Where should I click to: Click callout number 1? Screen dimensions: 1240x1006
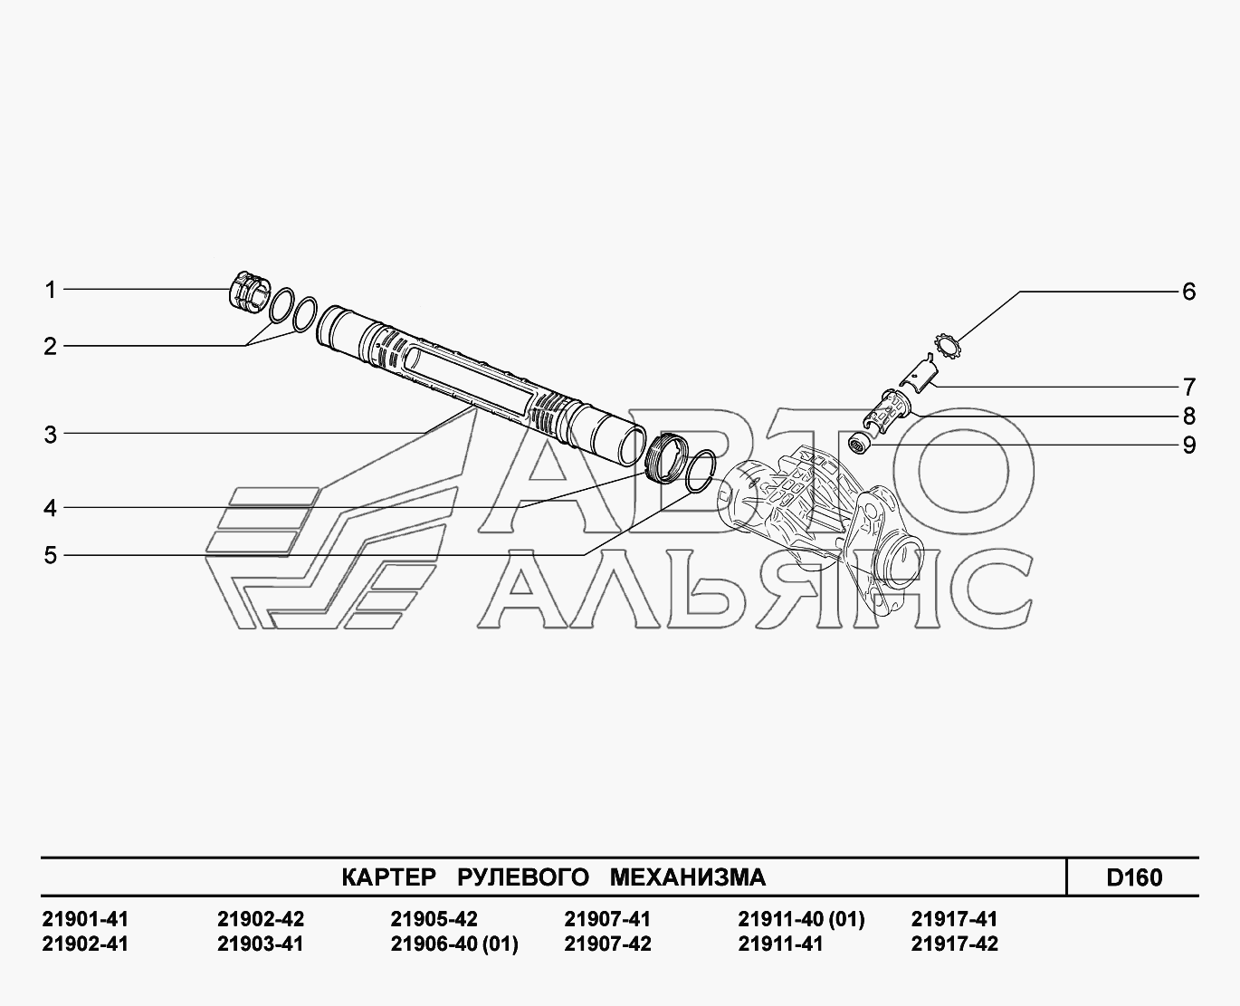tap(51, 290)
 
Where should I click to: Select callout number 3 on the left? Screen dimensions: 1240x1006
tap(51, 435)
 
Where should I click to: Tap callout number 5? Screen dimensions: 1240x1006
tap(51, 555)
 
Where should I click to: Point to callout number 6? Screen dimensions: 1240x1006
tap(1188, 292)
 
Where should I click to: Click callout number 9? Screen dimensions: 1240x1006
tap(1188, 446)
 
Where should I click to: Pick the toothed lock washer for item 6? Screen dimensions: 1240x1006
tap(947, 346)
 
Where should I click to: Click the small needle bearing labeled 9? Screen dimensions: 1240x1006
tap(860, 445)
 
